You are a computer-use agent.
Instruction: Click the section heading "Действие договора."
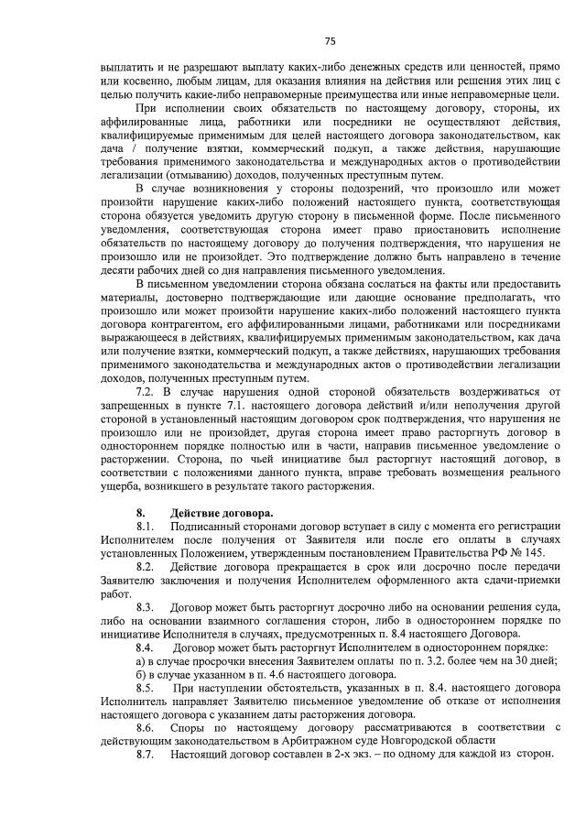(x=221, y=512)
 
